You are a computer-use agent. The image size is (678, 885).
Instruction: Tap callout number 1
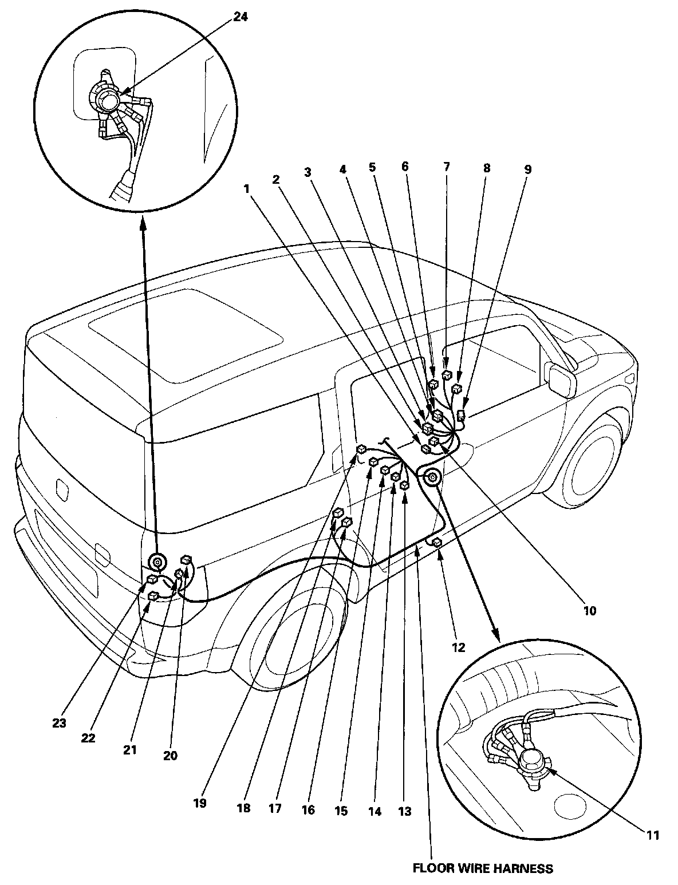coord(246,189)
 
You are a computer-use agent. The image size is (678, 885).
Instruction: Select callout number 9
coord(528,169)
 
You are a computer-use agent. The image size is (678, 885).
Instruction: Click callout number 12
coord(459,647)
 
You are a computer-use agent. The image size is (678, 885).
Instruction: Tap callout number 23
coord(60,724)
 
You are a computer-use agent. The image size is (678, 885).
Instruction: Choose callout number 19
coord(200,804)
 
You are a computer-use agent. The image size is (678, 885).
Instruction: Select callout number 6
coord(405,166)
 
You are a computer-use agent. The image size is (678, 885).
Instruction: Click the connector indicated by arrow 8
coord(457,388)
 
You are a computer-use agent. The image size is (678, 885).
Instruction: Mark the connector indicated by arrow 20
coord(186,560)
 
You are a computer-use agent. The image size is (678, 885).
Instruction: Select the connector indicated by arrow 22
coord(153,596)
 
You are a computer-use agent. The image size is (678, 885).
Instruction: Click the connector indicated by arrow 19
coord(361,449)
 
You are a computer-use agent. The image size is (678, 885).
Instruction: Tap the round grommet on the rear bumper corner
coord(157,563)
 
